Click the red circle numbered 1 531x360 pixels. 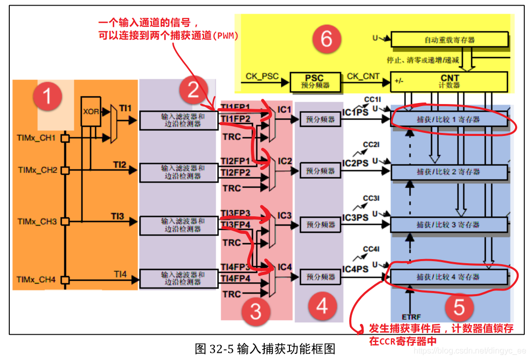coord(47,96)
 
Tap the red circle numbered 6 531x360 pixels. coord(327,39)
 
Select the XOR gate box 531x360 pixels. coord(91,110)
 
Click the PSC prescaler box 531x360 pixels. coord(315,82)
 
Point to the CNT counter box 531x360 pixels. coord(450,81)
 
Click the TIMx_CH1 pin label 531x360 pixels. coord(36,138)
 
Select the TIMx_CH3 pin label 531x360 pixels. coord(36,221)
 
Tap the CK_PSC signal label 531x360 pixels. coord(262,77)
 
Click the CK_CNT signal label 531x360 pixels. coord(363,77)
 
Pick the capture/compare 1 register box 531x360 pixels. coord(448,119)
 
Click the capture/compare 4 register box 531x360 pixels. coord(448,277)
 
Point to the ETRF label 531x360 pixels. coord(411,315)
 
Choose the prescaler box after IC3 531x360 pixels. coord(320,225)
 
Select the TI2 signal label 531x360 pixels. coord(119,165)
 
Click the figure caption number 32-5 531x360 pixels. coord(221,349)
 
